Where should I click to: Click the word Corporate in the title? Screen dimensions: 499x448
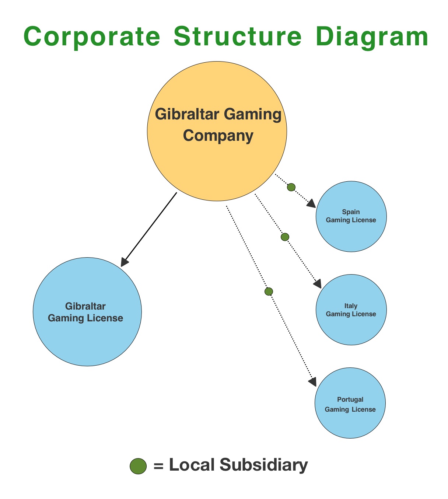[x=92, y=36]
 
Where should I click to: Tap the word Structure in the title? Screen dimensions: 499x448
[x=238, y=36]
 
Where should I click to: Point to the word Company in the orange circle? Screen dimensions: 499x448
[x=218, y=136]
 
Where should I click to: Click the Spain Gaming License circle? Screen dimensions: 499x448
[x=351, y=216]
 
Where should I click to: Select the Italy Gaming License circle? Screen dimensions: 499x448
[x=351, y=310]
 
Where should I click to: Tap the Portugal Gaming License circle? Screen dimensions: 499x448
[x=350, y=403]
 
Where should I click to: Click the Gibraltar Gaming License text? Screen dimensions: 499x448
[x=85, y=312]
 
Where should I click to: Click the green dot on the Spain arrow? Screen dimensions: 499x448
[x=291, y=187]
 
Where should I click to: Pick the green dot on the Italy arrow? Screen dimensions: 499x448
[x=285, y=237]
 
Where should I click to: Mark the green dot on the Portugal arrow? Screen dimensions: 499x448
[x=269, y=292]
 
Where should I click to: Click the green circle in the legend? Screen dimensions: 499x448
[x=138, y=466]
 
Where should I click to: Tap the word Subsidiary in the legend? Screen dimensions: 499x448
[x=263, y=465]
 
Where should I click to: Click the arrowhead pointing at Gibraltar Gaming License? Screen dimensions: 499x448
[x=125, y=261]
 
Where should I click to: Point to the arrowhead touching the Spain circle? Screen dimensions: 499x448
[x=311, y=204]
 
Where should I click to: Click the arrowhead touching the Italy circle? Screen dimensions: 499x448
[x=318, y=284]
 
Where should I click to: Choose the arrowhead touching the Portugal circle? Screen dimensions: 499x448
[x=312, y=381]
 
